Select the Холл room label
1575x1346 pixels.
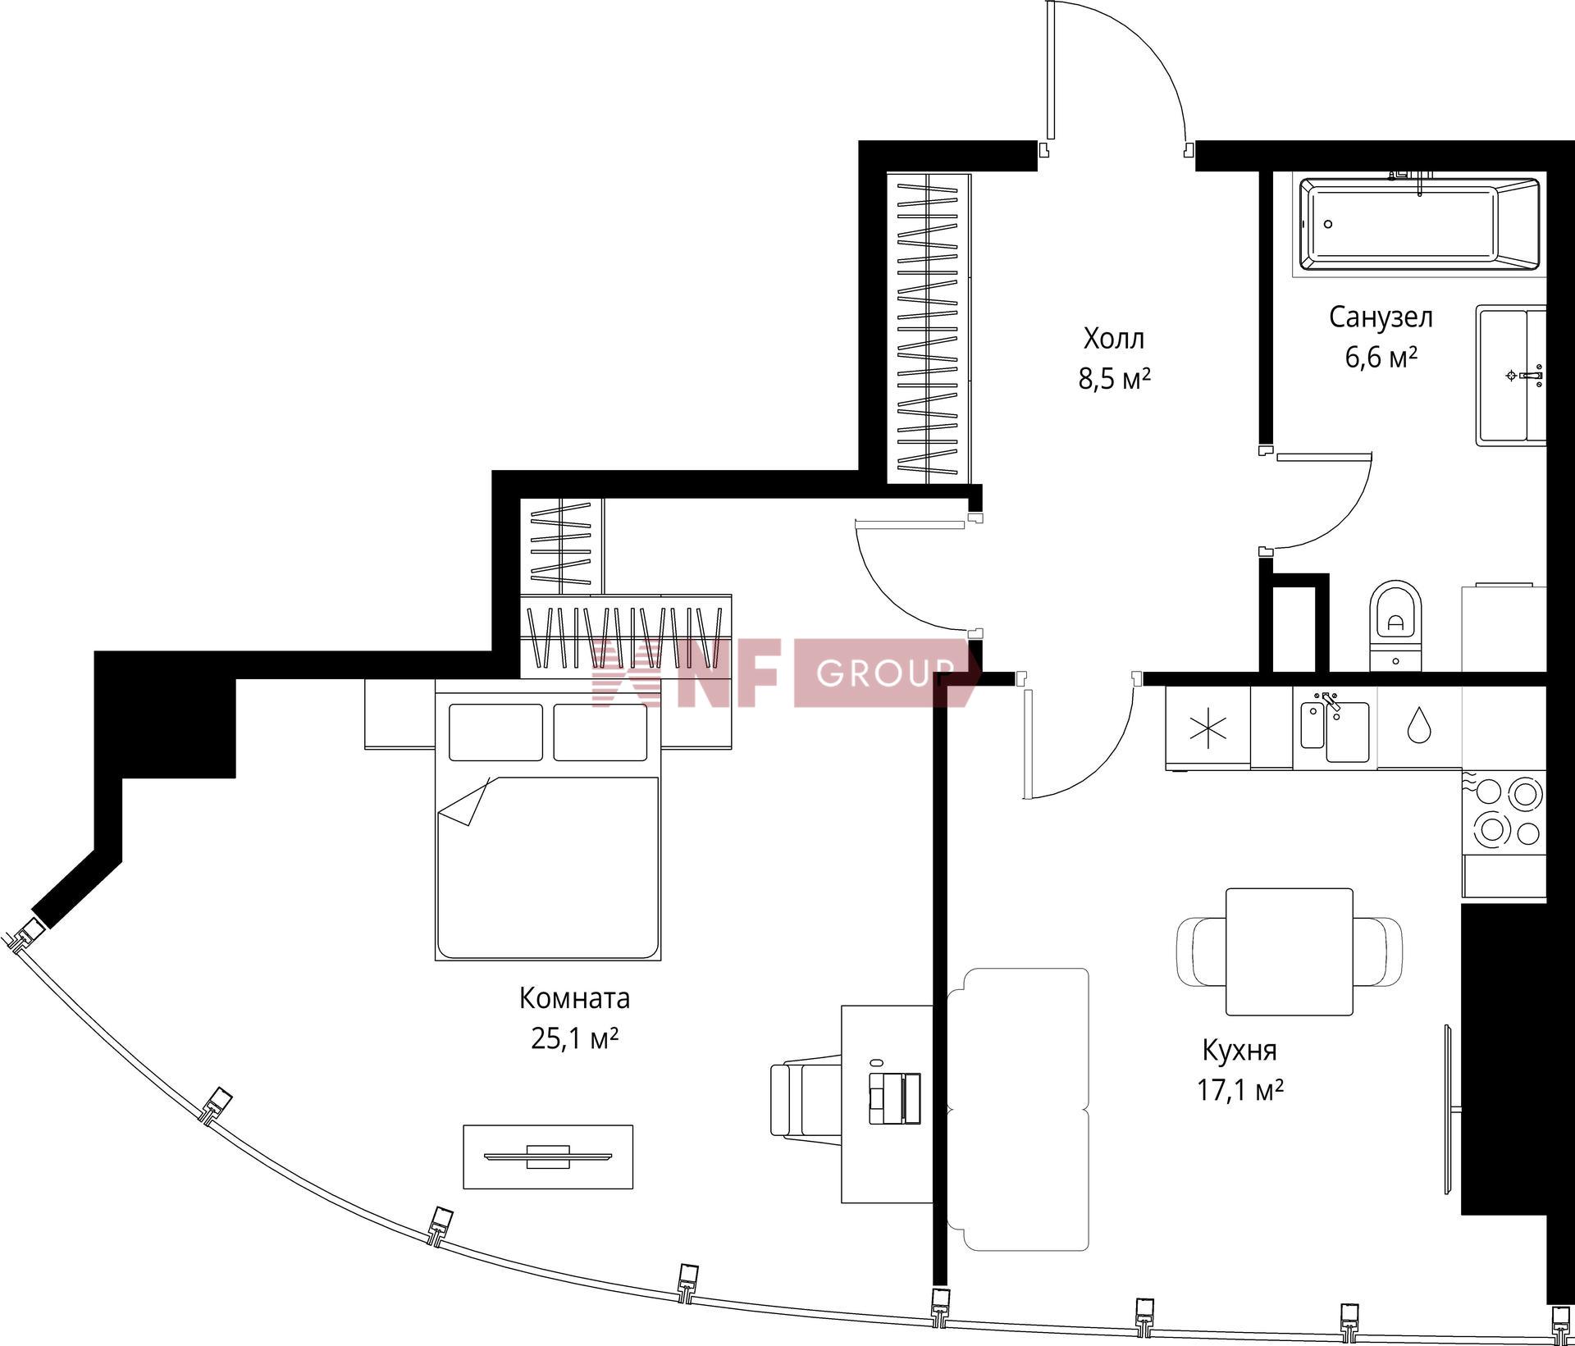1114,338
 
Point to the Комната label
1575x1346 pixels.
574,998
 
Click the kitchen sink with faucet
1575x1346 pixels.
1335,728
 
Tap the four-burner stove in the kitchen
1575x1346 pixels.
1504,812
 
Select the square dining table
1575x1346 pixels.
1289,951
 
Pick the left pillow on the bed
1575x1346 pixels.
495,732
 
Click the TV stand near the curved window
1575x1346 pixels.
548,1157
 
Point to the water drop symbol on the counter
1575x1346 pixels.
1417,725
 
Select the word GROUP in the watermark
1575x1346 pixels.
886,673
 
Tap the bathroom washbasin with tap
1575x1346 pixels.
1511,376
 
